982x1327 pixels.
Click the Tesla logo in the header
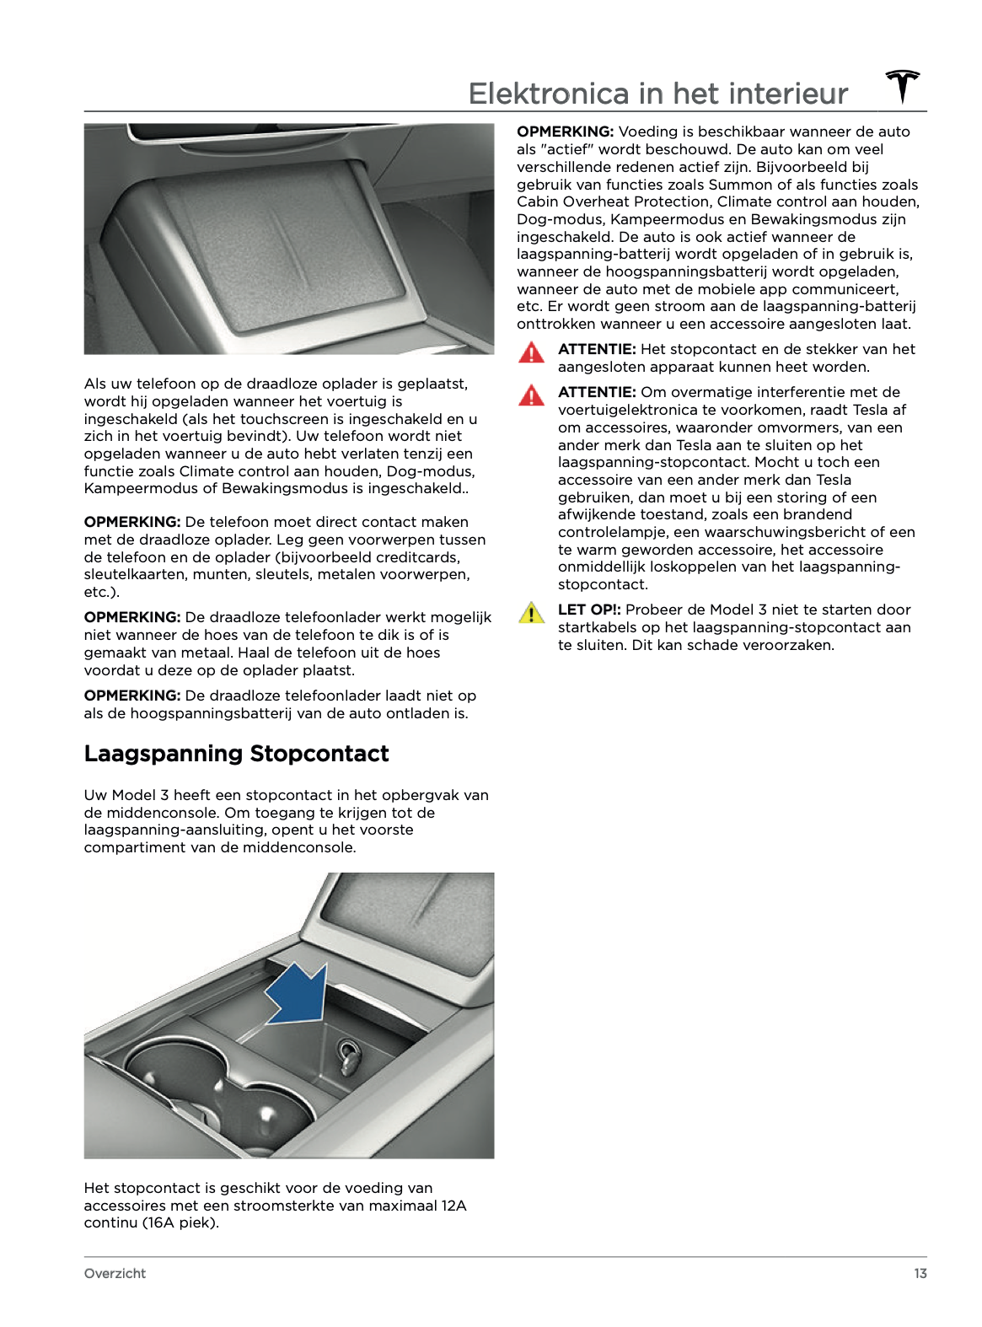pos(902,87)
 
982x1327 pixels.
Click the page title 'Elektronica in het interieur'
pos(657,94)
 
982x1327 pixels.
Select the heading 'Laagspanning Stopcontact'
pos(236,754)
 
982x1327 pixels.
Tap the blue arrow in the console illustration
pos(299,995)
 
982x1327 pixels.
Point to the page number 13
pos(920,1273)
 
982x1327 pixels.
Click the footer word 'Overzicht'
pos(115,1273)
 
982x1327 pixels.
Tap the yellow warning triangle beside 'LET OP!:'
pos(531,613)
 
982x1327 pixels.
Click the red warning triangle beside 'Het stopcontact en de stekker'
pos(531,352)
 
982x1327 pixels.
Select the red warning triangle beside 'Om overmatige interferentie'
pos(531,395)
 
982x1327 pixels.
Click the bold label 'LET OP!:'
pos(589,610)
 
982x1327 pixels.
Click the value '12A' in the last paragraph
pos(453,1206)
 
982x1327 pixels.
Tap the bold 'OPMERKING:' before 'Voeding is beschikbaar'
pos(565,132)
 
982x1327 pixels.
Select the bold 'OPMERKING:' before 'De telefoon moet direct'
pos(132,522)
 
